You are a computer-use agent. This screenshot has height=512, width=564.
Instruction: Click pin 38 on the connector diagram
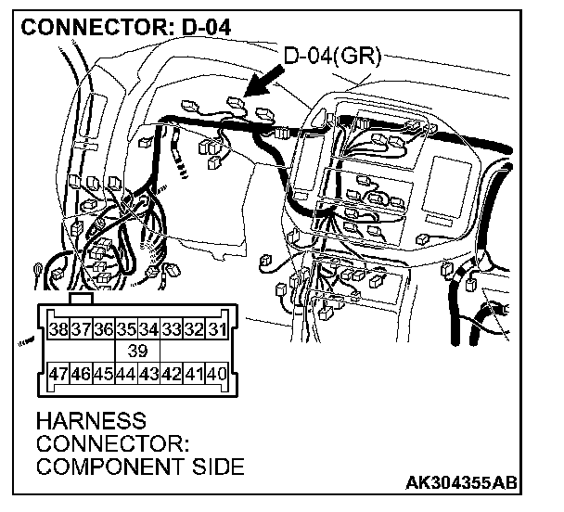(58, 328)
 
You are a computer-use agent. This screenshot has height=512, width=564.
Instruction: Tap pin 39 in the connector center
(136, 352)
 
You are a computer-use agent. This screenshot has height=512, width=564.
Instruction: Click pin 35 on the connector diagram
(125, 328)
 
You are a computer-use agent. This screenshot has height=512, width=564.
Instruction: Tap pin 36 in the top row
(103, 328)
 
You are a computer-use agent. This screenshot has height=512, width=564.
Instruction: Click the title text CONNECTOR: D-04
(125, 26)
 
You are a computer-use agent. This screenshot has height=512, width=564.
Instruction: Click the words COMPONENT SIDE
(139, 466)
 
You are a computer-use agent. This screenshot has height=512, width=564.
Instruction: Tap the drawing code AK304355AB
(461, 483)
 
